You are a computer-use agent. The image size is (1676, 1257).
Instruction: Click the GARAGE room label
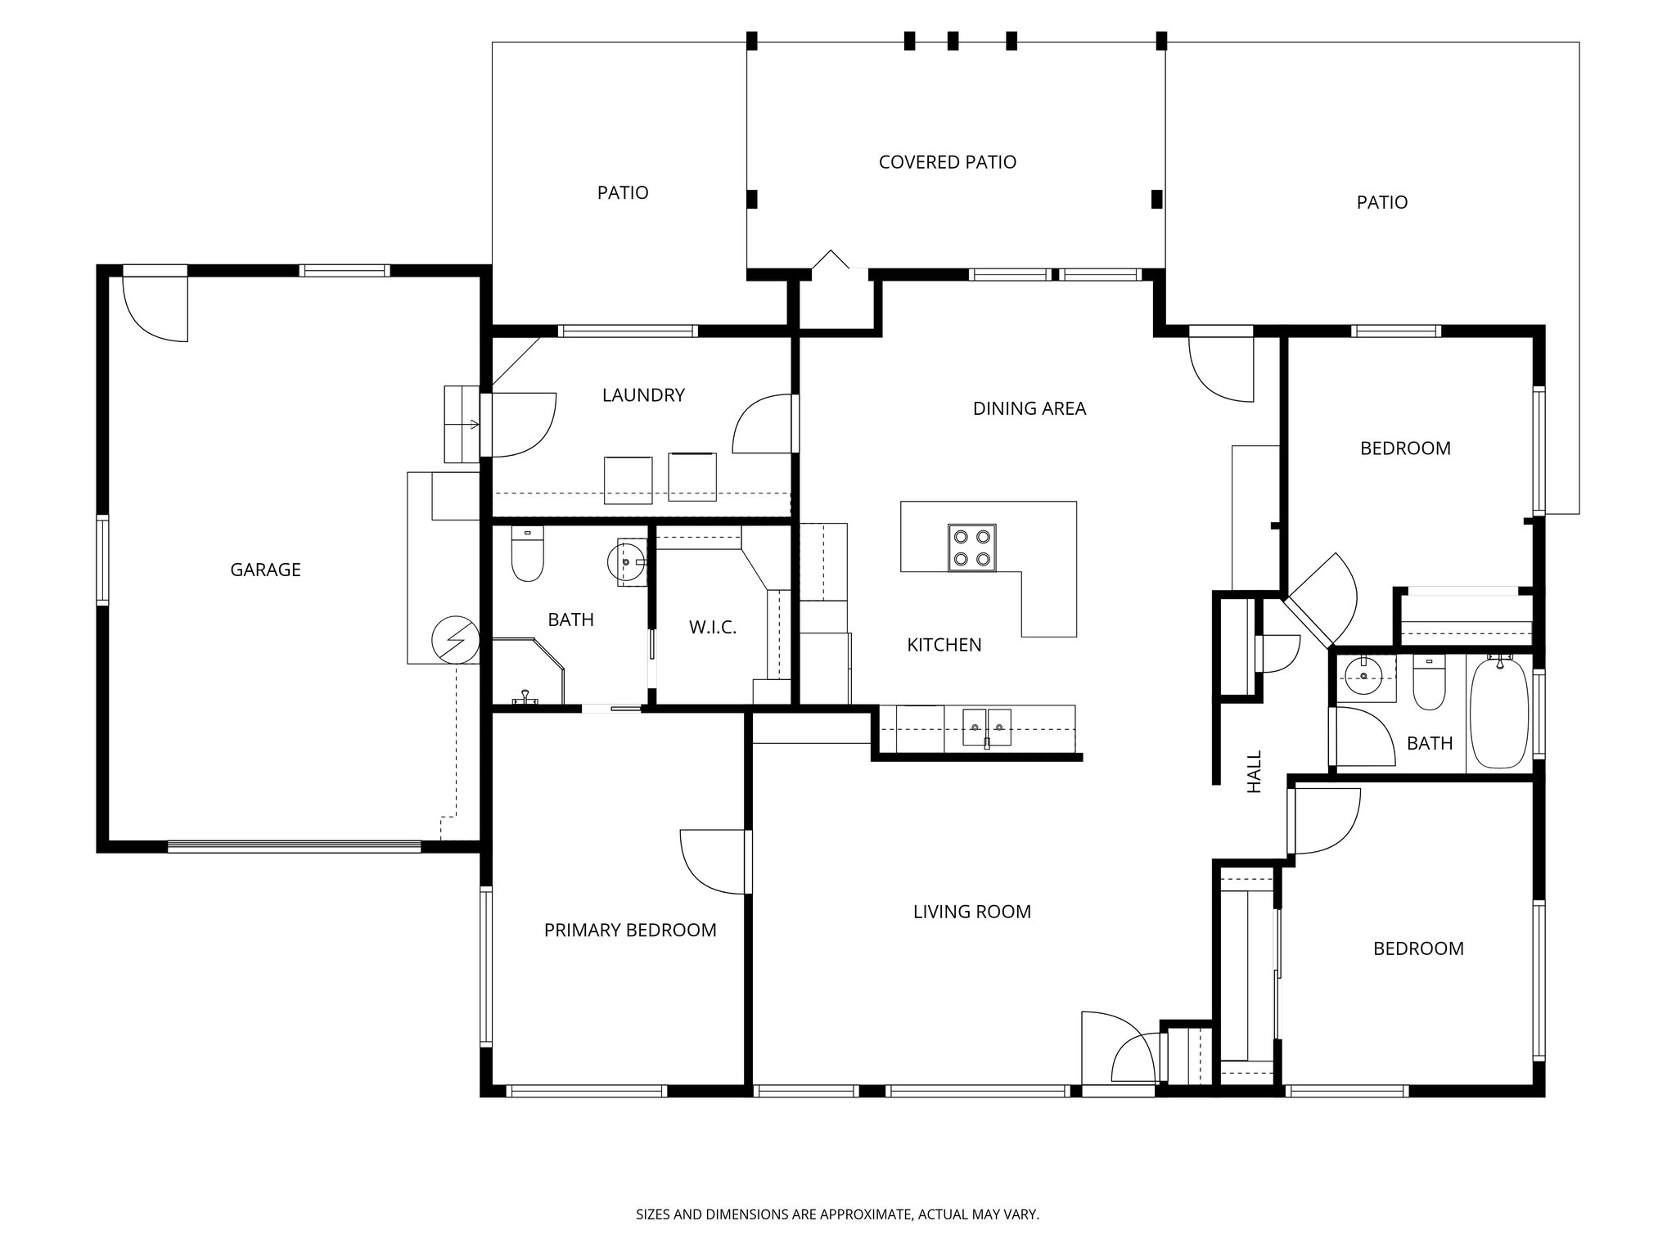point(265,570)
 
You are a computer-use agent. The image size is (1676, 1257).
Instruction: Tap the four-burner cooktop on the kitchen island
point(972,547)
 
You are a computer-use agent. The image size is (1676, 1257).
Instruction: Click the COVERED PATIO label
point(947,162)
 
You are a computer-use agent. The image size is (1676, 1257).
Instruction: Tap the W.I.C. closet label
point(713,628)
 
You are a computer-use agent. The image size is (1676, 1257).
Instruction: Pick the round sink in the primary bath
point(626,562)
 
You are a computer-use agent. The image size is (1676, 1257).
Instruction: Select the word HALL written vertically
point(1255,771)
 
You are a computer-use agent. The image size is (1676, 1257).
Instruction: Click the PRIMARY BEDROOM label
point(630,930)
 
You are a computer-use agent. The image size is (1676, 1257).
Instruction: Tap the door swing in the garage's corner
point(155,309)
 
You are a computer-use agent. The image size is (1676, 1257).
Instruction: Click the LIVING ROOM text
point(971,911)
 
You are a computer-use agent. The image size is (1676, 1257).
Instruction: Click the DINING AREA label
point(1029,408)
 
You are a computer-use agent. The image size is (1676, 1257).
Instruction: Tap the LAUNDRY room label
point(643,395)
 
